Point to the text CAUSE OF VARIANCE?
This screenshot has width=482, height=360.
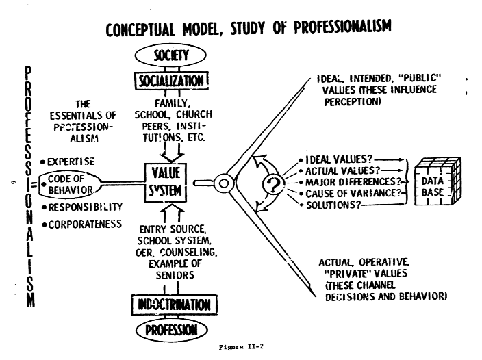[x=343, y=194]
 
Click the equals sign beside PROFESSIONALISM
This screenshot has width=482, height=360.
[x=32, y=182]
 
